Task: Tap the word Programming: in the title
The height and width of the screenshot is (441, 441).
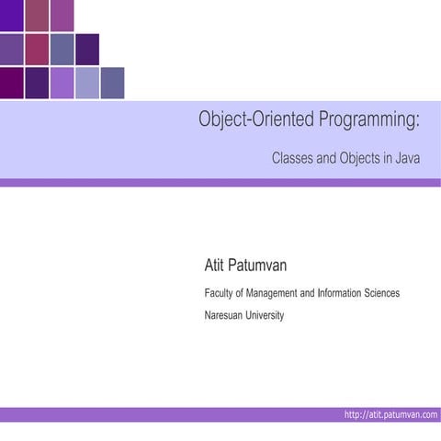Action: click(x=363, y=120)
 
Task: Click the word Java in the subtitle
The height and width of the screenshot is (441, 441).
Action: click(x=409, y=158)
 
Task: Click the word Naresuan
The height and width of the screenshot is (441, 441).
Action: click(x=226, y=315)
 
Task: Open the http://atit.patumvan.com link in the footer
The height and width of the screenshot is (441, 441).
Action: click(x=390, y=415)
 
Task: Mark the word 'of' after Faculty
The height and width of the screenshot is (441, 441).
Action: click(x=243, y=293)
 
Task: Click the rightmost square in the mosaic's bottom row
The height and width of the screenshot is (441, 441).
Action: click(x=112, y=83)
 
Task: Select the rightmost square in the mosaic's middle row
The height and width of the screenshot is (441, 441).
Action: click(x=87, y=50)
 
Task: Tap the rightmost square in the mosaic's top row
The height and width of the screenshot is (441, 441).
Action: click(x=62, y=15)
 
